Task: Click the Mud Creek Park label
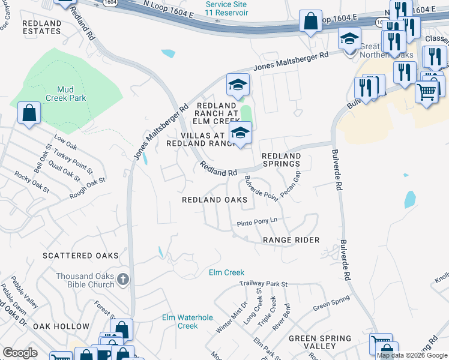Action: click(x=66, y=93)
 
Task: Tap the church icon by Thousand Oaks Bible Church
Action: click(x=123, y=278)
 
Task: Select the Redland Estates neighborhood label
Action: click(x=41, y=28)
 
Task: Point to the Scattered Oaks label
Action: click(x=80, y=256)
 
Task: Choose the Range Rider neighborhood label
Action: click(x=291, y=240)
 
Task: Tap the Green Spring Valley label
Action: click(x=312, y=342)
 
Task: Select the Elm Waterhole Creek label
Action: click(x=180, y=322)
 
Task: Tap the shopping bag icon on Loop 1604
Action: click(x=311, y=22)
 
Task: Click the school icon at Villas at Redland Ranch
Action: click(x=240, y=133)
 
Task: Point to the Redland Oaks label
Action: click(x=215, y=200)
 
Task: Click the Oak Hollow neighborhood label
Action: click(x=61, y=326)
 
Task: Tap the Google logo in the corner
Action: click(x=20, y=353)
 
